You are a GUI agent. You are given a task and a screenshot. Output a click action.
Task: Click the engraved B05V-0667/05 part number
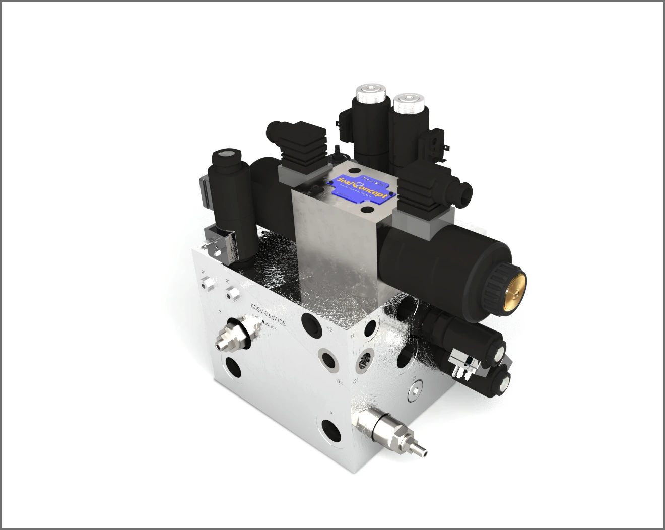click(268, 315)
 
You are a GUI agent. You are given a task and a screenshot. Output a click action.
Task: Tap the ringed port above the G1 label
click(364, 362)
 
